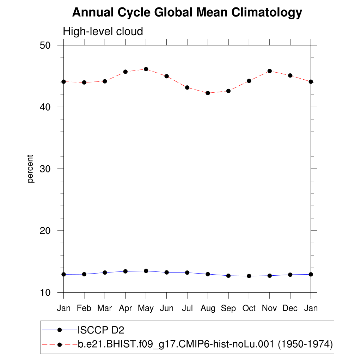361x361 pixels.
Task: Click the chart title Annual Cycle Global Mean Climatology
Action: pyautogui.click(x=187, y=13)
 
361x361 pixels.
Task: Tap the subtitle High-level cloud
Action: pyautogui.click(x=103, y=31)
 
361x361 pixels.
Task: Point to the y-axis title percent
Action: pyautogui.click(x=31, y=169)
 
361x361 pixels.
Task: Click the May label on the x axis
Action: pyautogui.click(x=146, y=308)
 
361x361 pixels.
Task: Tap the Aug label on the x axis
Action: pyautogui.click(x=208, y=308)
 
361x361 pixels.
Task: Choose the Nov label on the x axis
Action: pyautogui.click(x=269, y=308)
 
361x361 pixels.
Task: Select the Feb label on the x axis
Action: pyautogui.click(x=84, y=308)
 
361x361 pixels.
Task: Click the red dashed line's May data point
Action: pyautogui.click(x=146, y=69)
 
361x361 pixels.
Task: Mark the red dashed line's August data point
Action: pyautogui.click(x=208, y=93)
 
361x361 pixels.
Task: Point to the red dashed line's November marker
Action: pyautogui.click(x=270, y=71)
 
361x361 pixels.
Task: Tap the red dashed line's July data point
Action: pyautogui.click(x=187, y=87)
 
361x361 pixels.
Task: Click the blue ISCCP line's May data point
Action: pyautogui.click(x=146, y=271)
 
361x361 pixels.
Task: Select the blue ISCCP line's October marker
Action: pyautogui.click(x=249, y=276)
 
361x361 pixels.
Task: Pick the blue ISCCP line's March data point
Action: pyautogui.click(x=105, y=273)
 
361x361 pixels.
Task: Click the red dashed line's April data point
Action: pyautogui.click(x=125, y=72)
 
